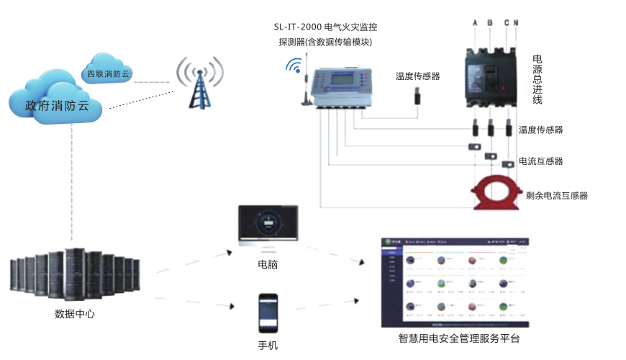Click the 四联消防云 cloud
(x=107, y=73)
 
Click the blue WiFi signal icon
(x=294, y=66)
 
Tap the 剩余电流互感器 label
(x=557, y=195)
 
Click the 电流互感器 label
(x=540, y=161)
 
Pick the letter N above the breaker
(x=515, y=23)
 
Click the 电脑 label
(x=268, y=264)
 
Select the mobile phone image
(x=268, y=312)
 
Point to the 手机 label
(x=268, y=345)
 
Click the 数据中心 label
(x=75, y=315)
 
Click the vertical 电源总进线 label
(x=537, y=78)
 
